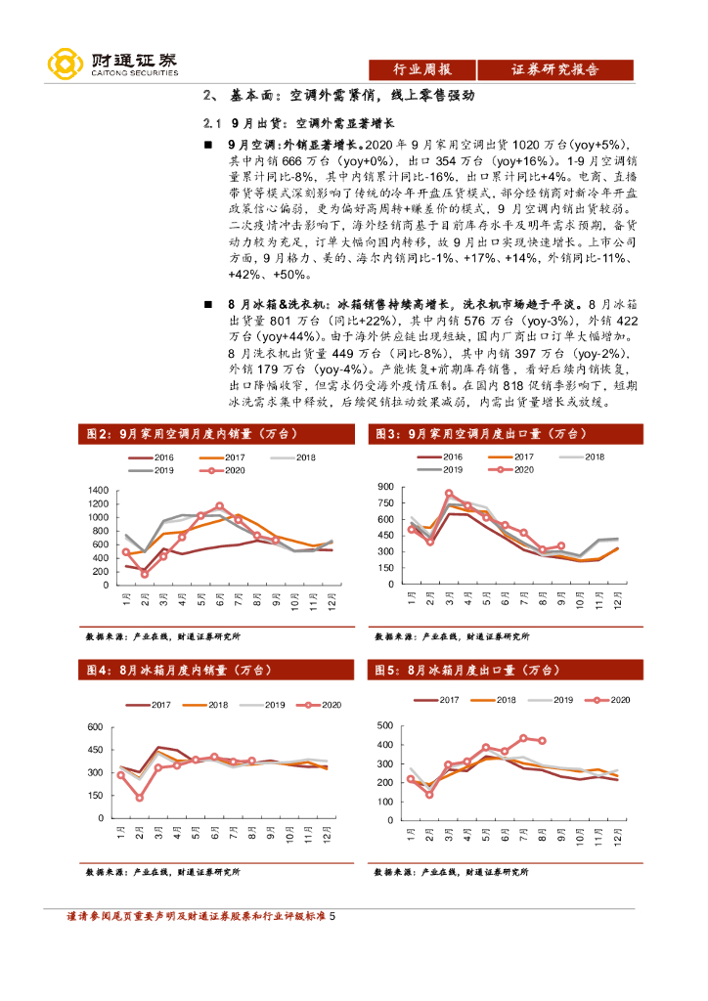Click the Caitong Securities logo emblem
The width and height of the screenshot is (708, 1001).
(66, 64)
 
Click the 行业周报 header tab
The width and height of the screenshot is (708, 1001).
(421, 69)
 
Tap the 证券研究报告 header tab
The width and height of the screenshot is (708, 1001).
(555, 69)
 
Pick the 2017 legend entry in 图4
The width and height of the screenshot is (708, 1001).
(151, 705)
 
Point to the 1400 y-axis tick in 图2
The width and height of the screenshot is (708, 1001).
(98, 490)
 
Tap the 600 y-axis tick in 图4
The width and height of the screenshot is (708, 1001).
(96, 727)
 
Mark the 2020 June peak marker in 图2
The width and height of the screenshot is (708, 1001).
(219, 506)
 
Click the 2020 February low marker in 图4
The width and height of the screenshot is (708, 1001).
(140, 798)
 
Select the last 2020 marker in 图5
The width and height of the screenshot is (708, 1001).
(542, 741)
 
